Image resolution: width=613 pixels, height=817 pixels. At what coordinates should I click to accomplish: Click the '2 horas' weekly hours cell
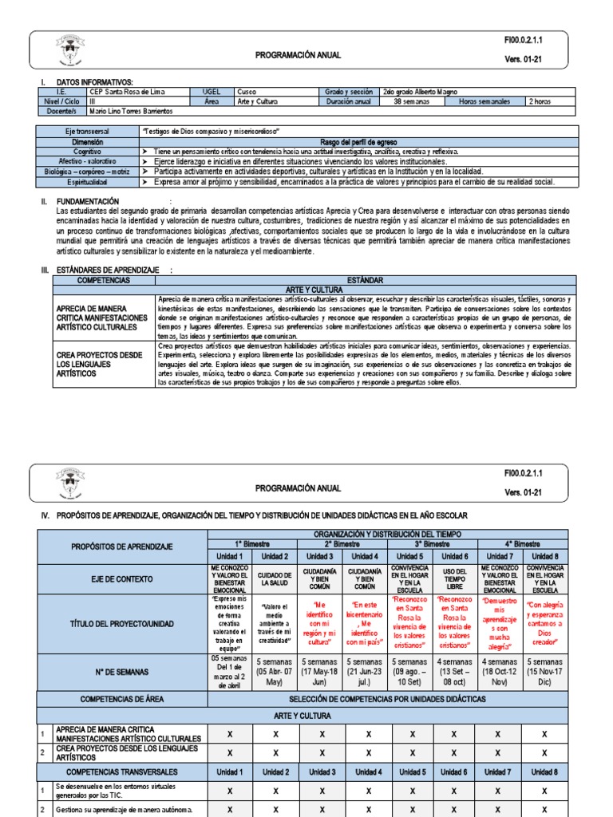pos(549,101)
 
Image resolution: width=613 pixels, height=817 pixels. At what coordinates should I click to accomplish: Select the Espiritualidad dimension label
pos(87,182)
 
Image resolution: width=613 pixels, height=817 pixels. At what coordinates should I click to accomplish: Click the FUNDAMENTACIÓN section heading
pos(88,201)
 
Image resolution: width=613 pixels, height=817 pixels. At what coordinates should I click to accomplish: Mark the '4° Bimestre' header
pos(521,543)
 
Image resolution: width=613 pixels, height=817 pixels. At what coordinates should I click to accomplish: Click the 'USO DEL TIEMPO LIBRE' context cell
pos(453,578)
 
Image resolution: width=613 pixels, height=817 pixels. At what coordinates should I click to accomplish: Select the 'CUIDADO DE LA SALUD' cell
pos(275,578)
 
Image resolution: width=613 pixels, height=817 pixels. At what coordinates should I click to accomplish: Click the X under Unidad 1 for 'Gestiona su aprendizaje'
pos(230,809)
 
